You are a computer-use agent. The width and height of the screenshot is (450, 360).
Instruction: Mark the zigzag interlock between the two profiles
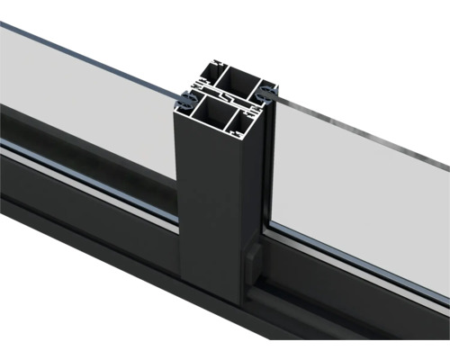click(226, 95)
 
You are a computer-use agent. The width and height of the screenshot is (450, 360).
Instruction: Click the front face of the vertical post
click(207, 207)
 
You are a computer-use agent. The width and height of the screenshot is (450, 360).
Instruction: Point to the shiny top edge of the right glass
click(360, 129)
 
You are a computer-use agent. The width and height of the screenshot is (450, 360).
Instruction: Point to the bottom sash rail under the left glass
click(81, 184)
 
